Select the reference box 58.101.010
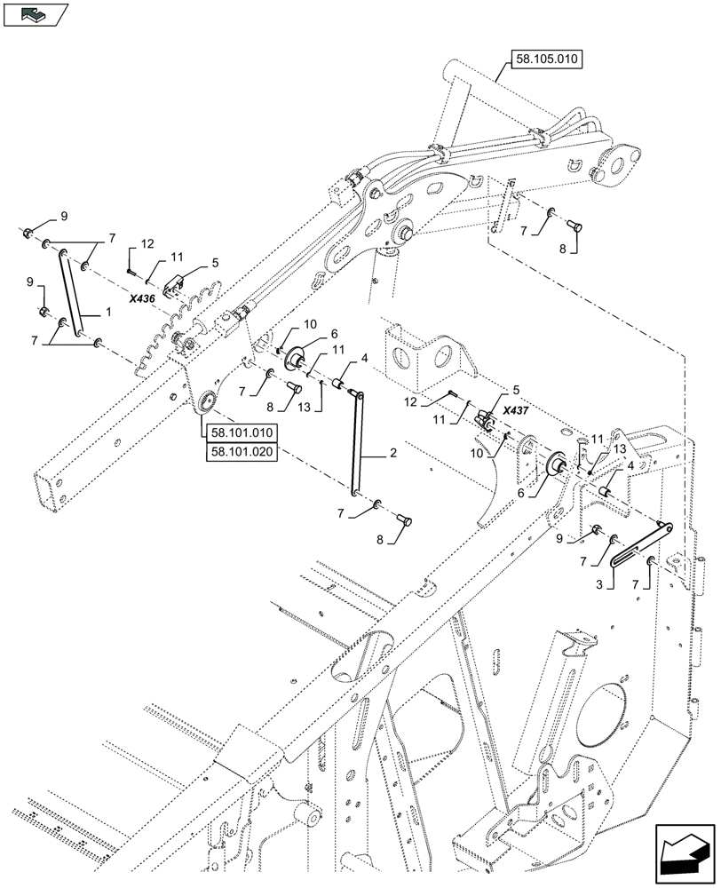click(242, 433)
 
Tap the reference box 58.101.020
click(242, 451)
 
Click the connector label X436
click(141, 299)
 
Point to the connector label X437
click(515, 411)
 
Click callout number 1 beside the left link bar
click(107, 313)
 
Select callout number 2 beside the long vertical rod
click(392, 452)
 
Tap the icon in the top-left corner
click(36, 13)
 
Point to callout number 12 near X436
click(147, 243)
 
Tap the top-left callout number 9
click(62, 217)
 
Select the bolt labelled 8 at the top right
click(575, 227)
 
